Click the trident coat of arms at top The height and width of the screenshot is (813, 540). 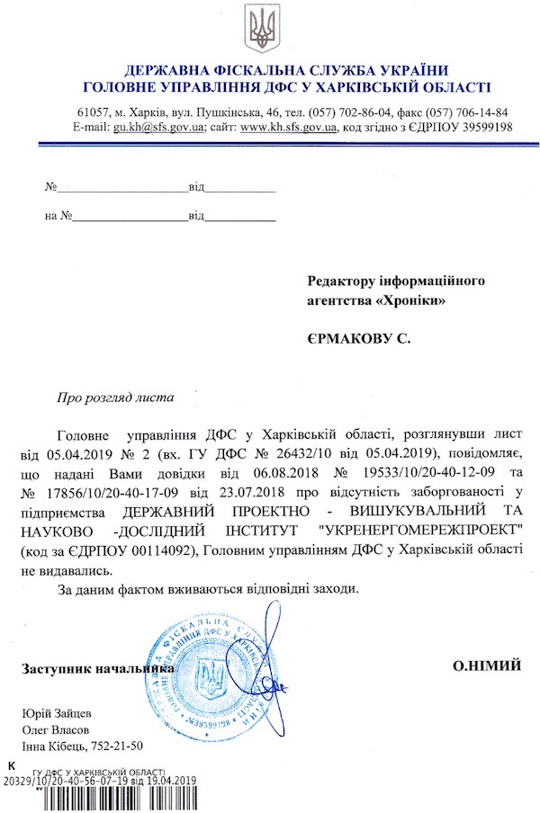pyautogui.click(x=265, y=28)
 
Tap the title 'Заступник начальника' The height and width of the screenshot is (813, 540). pyautogui.click(x=98, y=669)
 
